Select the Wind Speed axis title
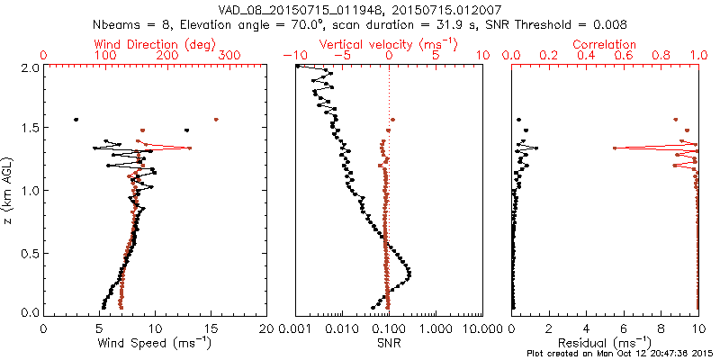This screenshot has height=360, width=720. coord(156,343)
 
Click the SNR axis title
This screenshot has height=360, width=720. coord(388,343)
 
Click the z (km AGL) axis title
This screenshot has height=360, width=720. coord(8,191)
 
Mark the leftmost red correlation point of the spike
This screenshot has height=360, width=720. coord(615,148)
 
